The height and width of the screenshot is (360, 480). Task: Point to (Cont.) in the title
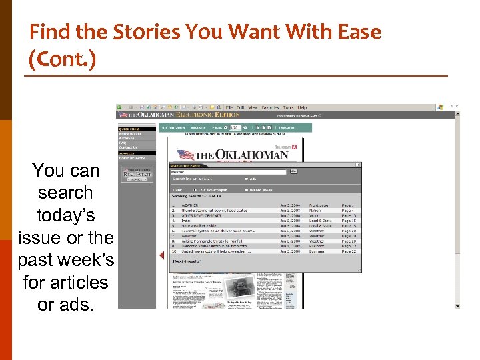pyautogui.click(x=63, y=60)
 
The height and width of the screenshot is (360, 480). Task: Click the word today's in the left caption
pyautogui.click(x=65, y=215)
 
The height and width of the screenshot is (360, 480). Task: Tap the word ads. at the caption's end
pyautogui.click(x=65, y=305)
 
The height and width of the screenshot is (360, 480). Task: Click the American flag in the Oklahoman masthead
pyautogui.click(x=184, y=155)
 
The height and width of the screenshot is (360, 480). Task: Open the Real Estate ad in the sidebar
pyautogui.click(x=136, y=175)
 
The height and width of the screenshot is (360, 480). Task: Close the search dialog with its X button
pyautogui.click(x=358, y=165)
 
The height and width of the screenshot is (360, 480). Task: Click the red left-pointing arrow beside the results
pyautogui.click(x=161, y=255)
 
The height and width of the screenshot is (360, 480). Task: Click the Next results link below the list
pyautogui.click(x=187, y=261)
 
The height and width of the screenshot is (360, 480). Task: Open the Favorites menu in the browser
pyautogui.click(x=270, y=107)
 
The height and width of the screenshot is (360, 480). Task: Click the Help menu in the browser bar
pyautogui.click(x=302, y=107)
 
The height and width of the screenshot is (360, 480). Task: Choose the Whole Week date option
pyautogui.click(x=261, y=190)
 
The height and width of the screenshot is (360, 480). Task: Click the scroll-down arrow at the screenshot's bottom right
pyautogui.click(x=457, y=306)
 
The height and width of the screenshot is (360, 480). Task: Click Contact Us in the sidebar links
pyautogui.click(x=128, y=147)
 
